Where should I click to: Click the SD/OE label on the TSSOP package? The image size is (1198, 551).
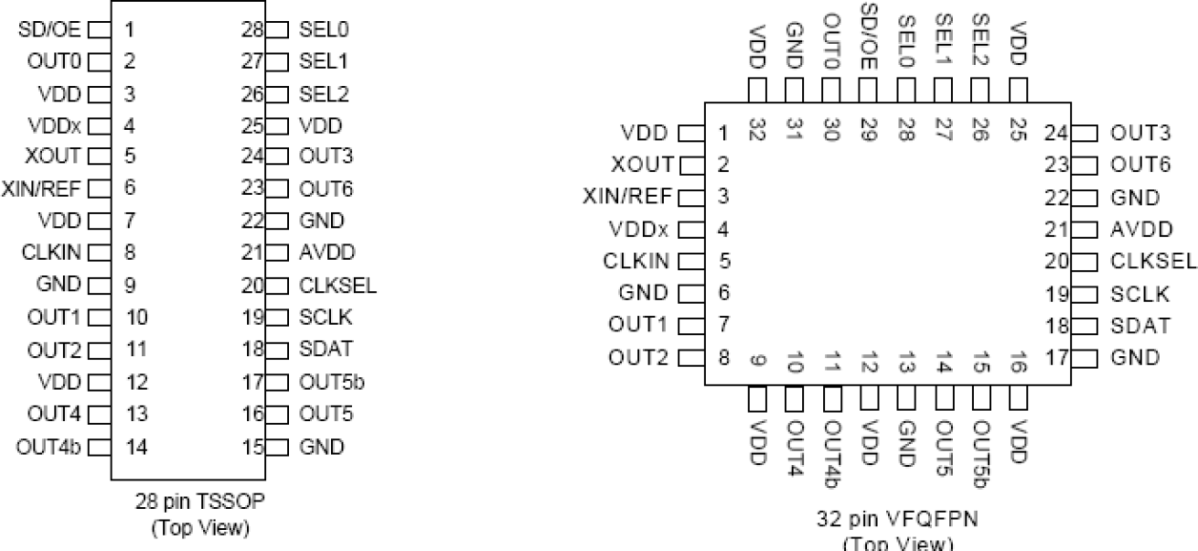tap(48, 29)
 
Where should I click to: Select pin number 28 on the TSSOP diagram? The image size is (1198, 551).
tap(253, 29)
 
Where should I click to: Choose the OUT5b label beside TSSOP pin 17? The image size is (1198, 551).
tap(331, 381)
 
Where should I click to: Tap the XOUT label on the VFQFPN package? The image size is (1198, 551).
tap(645, 163)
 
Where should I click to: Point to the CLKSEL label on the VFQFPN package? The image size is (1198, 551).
tap(1153, 261)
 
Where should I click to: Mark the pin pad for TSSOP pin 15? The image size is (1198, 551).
tap(278, 445)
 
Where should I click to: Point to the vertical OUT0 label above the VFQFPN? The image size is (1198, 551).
tap(831, 35)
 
